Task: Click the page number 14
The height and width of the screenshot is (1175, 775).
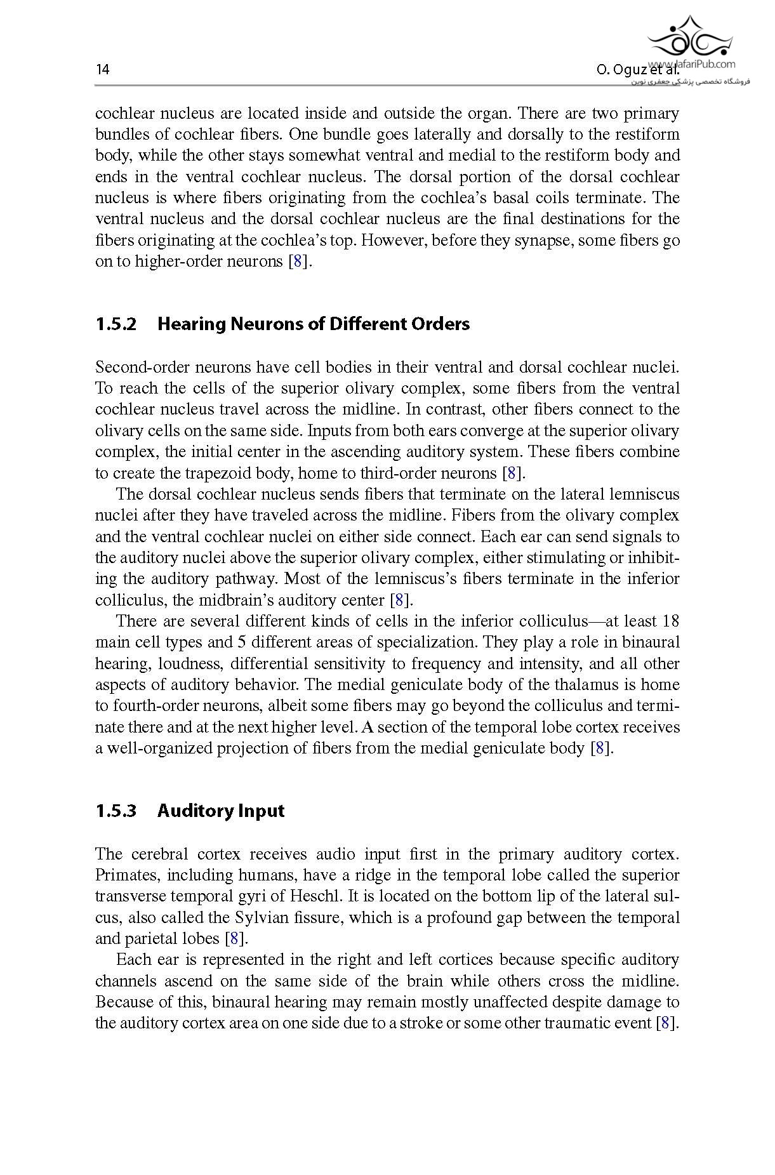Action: pos(102,70)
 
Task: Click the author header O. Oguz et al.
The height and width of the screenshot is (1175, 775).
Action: pos(638,70)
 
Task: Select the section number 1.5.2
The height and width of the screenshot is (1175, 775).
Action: pos(116,324)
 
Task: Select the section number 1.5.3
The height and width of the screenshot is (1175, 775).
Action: pos(116,811)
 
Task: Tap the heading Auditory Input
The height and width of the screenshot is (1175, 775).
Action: pos(220,811)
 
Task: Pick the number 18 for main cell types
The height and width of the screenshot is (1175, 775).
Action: pos(670,621)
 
